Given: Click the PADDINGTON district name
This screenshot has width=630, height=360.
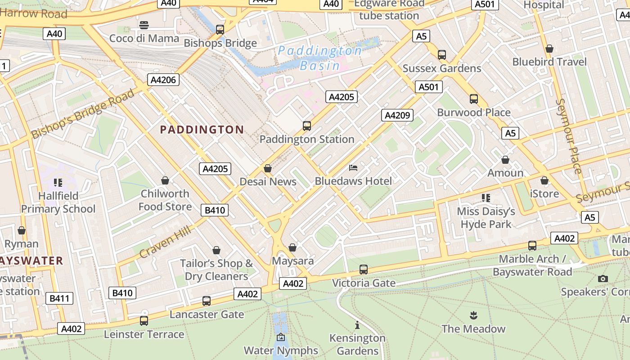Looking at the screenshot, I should point(202,130).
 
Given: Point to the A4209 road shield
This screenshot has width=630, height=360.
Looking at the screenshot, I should point(397,115).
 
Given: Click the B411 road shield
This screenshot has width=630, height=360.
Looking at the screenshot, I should point(59,298).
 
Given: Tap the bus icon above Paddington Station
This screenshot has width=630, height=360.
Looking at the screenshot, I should point(307,126).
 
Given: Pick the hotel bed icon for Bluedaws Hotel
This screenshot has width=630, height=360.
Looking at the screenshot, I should point(353,168).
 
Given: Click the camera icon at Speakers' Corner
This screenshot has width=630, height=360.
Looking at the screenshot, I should point(603,279).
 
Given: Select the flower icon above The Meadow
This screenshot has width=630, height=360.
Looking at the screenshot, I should point(473,315).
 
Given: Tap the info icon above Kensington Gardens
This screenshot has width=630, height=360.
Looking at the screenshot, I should point(357,325).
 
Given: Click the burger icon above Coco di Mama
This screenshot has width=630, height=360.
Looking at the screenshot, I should point(144,25).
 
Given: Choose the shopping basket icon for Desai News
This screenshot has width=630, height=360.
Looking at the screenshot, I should point(268,168).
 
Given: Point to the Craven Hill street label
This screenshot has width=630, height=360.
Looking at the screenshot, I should point(165,242).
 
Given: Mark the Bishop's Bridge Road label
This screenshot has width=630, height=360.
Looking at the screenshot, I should point(83,113).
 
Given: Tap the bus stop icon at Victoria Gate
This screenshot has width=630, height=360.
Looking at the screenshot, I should point(364,270).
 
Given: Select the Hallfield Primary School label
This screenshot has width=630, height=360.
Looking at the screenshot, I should point(58,202).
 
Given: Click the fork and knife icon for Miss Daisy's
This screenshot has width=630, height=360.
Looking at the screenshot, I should point(486,198).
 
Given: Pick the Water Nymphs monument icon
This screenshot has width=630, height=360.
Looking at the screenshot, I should point(281,337).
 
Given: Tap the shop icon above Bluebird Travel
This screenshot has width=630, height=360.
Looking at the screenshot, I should point(549,48).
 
